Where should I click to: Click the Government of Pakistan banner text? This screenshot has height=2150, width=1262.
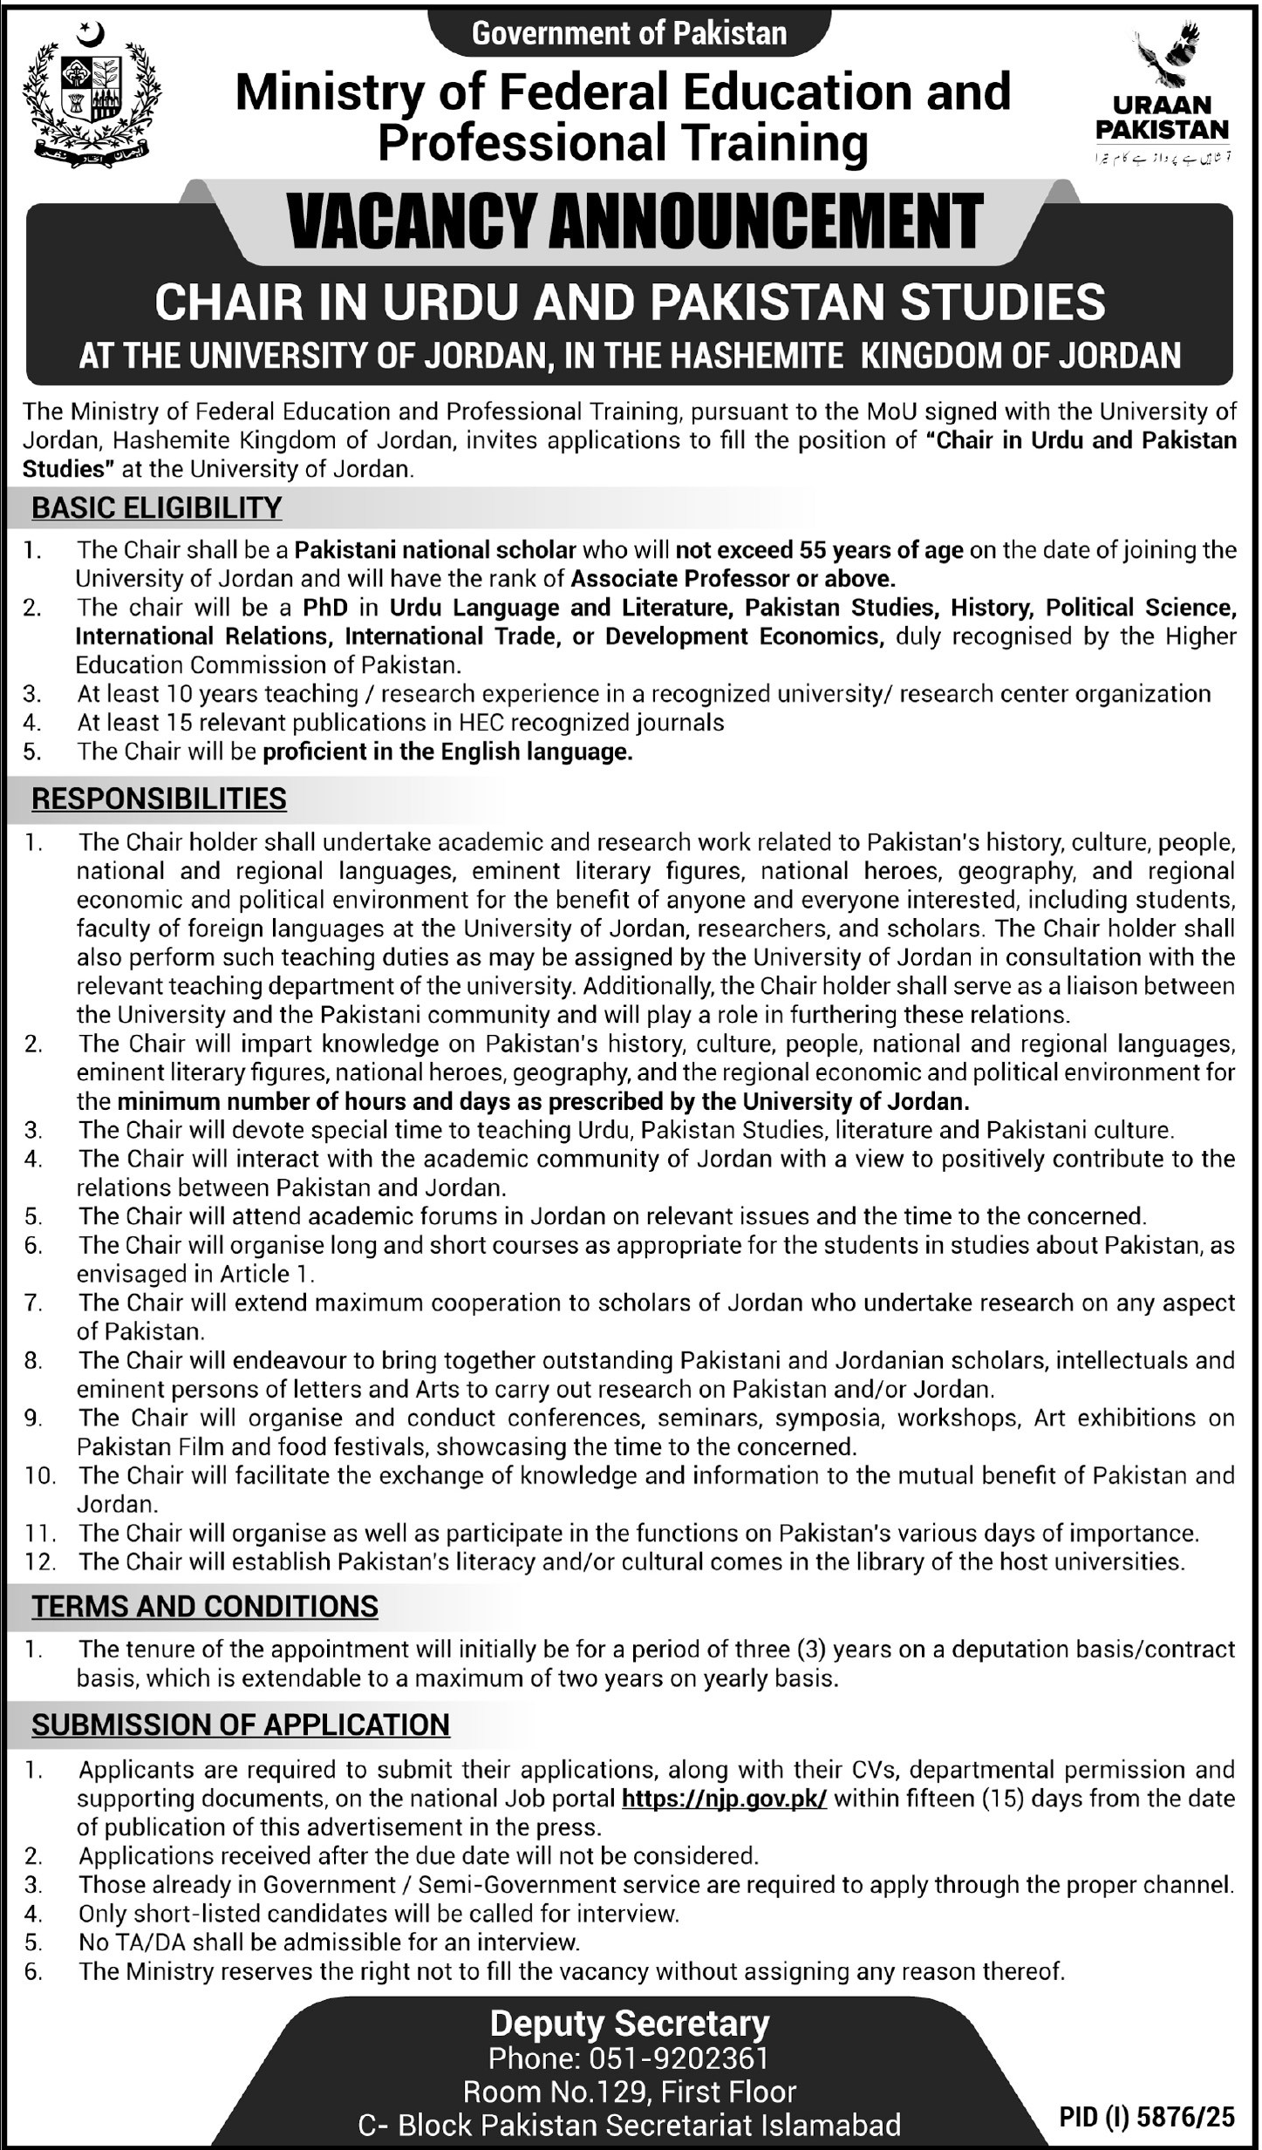coord(629,33)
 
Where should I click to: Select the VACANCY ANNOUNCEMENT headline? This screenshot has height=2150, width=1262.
coord(635,223)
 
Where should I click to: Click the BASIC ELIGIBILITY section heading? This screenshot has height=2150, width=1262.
coord(157,507)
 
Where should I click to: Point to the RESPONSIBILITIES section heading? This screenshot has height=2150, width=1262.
coord(159,799)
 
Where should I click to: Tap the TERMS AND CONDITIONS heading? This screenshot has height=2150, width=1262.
coord(205,1606)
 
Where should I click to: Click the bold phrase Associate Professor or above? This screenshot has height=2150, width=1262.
coord(733,578)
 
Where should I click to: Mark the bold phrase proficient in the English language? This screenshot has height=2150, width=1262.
coord(447,752)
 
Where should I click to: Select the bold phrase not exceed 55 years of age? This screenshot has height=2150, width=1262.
coord(819,549)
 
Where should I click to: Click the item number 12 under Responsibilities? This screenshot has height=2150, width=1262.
coord(40,1561)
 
